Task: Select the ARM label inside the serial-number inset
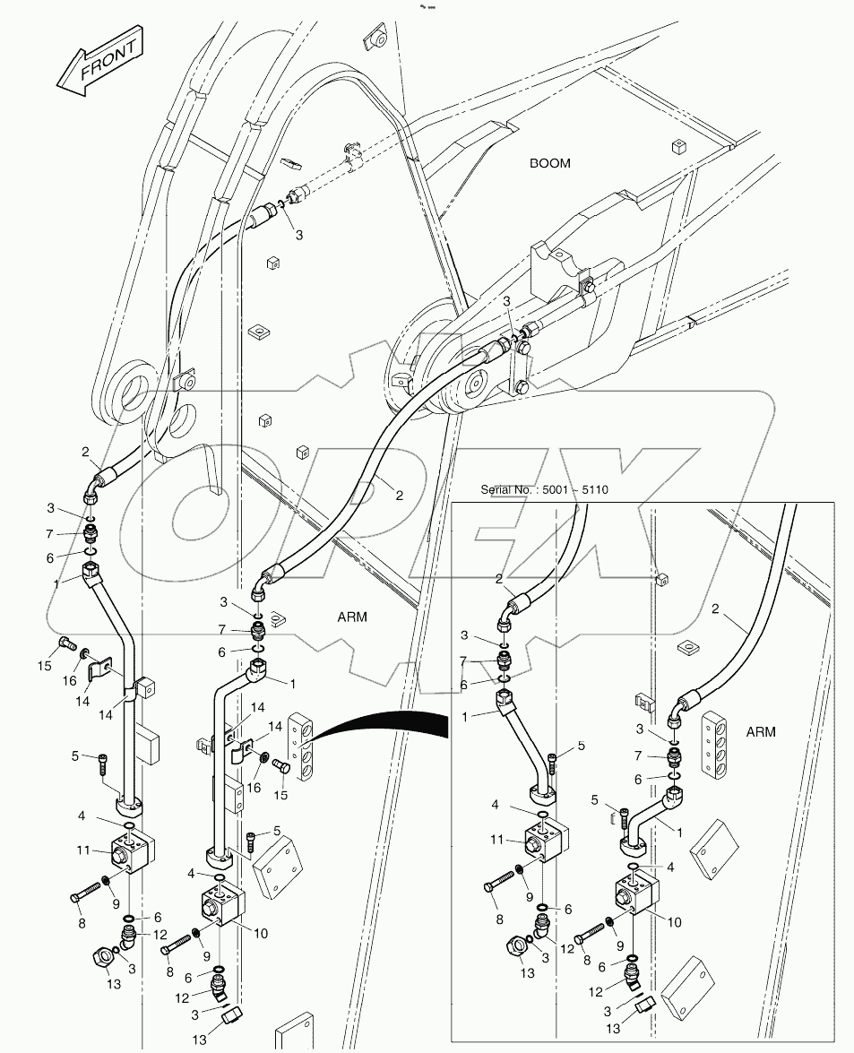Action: coord(760,732)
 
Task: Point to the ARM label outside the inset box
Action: coord(352,617)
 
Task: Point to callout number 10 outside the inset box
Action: coord(260,933)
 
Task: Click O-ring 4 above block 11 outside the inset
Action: coord(130,824)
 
